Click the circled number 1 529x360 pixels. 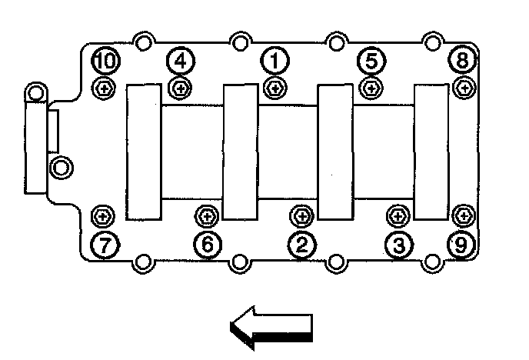[274, 59]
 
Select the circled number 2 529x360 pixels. [301, 245]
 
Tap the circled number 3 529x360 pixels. [398, 245]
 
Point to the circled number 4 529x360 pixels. [179, 59]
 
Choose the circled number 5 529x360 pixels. [371, 59]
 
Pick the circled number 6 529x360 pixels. [207, 245]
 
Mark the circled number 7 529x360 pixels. [103, 245]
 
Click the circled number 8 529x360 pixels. [463, 59]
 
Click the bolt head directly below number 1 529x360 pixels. [274, 88]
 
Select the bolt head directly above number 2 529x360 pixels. [301, 215]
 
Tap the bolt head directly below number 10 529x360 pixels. [103, 88]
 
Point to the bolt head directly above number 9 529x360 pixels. [462, 215]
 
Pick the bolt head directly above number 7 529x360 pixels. [103, 215]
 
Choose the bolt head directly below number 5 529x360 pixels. [371, 88]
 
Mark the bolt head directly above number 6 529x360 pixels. [207, 215]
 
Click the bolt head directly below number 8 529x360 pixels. [463, 88]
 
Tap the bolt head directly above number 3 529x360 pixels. [398, 215]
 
